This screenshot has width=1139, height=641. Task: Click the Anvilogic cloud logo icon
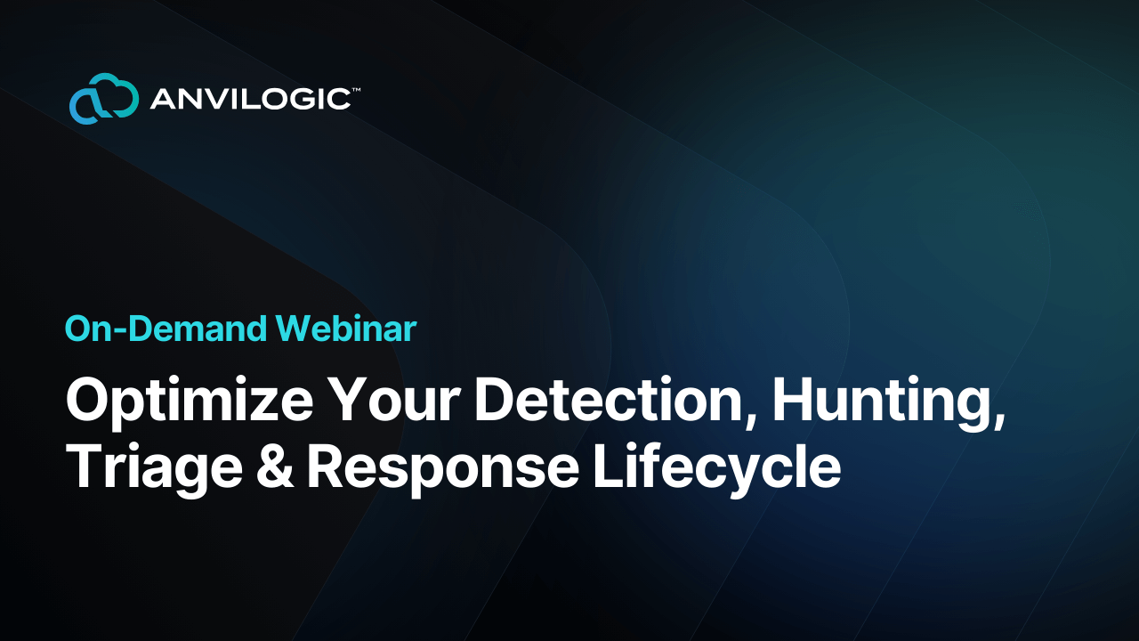click(x=104, y=99)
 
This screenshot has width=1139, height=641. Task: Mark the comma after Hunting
click(x=1000, y=419)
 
